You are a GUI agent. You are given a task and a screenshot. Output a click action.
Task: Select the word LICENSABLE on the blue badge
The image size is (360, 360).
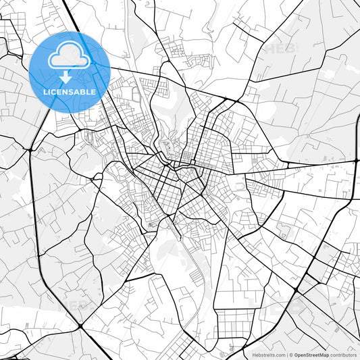tap(70, 91)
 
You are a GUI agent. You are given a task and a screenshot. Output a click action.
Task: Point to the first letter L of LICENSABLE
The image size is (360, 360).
tap(45, 91)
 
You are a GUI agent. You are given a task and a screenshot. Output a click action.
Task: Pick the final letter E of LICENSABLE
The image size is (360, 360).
tap(94, 91)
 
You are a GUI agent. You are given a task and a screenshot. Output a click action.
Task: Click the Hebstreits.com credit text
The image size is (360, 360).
tap(268, 355)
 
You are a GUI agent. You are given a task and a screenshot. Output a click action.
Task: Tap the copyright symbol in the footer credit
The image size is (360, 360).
tap(291, 355)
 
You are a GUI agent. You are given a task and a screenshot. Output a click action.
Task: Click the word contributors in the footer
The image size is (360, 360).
tap(343, 355)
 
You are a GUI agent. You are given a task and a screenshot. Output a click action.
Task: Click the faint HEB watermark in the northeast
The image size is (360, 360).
tap(278, 49)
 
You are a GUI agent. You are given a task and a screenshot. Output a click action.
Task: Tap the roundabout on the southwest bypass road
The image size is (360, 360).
tap(80, 326)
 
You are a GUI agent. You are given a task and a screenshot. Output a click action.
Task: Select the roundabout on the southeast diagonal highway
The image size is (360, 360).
tap(296, 290)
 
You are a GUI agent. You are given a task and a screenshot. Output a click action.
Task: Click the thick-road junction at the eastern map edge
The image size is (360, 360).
tap(356, 162)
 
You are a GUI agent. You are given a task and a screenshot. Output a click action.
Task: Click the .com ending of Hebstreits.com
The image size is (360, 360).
tap(279, 355)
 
